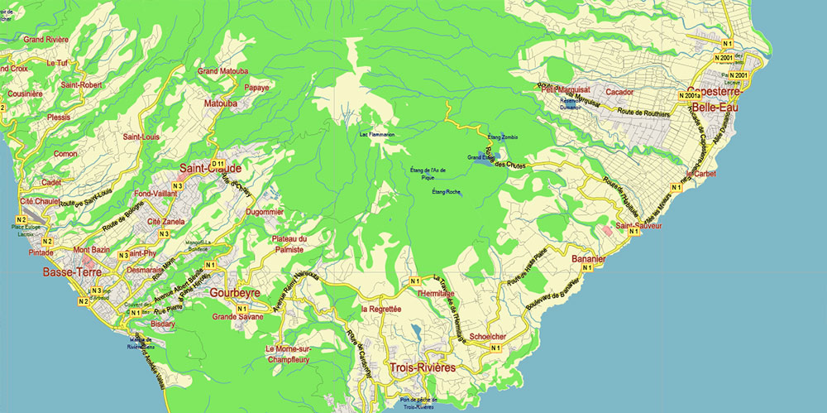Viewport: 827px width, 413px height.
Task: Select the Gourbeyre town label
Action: click(237, 293)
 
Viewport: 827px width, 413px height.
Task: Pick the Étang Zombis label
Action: click(502, 136)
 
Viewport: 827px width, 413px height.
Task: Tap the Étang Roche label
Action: click(446, 192)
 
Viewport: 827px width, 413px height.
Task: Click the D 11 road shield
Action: click(218, 164)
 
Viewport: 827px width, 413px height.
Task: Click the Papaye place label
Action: click(256, 87)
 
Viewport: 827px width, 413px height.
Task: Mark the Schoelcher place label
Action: click(487, 336)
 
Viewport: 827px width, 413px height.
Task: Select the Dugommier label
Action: click(265, 212)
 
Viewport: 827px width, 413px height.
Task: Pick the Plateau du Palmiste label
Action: click(289, 244)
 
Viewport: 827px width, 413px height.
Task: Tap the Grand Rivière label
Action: click(45, 39)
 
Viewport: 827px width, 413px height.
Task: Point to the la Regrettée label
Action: click(381, 309)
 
